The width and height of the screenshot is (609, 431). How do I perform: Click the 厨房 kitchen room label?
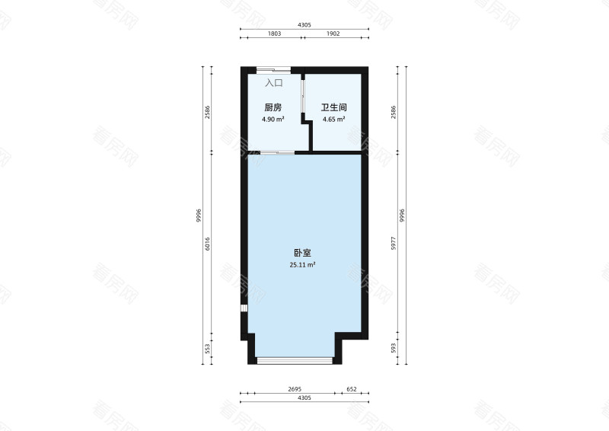[x=273, y=107]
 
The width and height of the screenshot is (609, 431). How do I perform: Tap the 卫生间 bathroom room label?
[x=333, y=107]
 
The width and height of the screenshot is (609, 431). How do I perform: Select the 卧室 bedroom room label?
[x=302, y=253]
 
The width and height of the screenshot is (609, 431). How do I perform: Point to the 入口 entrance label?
[x=274, y=83]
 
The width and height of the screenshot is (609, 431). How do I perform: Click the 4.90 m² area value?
[x=273, y=120]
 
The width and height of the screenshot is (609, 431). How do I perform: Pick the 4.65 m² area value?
[x=334, y=120]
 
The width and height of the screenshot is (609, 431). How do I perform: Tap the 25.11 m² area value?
[x=302, y=265]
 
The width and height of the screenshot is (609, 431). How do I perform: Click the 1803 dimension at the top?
[x=275, y=34]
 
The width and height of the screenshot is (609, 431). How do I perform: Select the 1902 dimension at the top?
[x=333, y=34]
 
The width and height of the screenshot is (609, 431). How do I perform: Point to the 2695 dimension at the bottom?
[x=295, y=389]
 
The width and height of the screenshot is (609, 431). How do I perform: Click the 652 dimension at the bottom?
[x=352, y=389]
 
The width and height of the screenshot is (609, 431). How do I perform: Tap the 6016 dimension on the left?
[x=207, y=244]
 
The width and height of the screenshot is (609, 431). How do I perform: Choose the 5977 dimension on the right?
[x=394, y=243]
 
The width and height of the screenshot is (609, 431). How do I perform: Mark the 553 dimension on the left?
[x=207, y=349]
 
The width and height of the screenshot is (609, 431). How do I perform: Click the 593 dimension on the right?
[x=394, y=348]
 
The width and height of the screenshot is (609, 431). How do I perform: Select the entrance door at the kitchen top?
[x=273, y=70]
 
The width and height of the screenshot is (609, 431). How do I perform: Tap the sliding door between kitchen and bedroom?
[x=277, y=152]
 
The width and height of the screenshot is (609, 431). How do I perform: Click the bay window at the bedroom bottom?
[x=295, y=360]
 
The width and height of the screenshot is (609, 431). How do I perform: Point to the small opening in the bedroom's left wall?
[x=244, y=308]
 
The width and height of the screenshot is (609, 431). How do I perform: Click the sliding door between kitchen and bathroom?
[x=303, y=97]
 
